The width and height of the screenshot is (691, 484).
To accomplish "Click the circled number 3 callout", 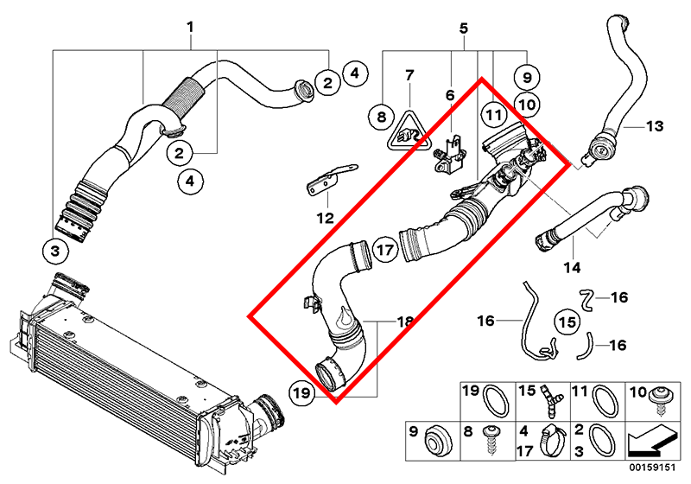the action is [55, 252].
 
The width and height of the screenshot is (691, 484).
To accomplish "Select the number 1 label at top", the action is [190, 28].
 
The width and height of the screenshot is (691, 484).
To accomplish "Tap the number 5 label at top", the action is [464, 29].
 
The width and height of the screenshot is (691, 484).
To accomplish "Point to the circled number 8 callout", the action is [382, 117].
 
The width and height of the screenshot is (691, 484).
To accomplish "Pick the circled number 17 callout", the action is [384, 250].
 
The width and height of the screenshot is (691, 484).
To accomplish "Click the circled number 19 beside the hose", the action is [301, 392].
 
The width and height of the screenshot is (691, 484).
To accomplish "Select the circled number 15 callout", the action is [567, 322].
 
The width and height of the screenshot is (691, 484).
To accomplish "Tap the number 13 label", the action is [655, 126].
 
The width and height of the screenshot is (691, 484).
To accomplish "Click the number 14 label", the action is [572, 267].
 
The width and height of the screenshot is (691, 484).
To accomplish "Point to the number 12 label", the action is [326, 218].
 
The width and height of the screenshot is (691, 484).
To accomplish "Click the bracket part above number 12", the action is [331, 181].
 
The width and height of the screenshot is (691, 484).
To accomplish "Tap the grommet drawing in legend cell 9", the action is [438, 442].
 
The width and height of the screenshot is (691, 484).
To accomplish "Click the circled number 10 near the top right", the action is [527, 105].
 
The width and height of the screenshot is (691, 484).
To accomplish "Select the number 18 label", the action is [404, 322].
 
